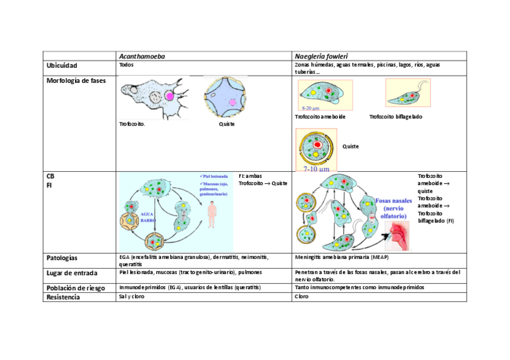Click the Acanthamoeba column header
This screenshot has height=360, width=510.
click(x=141, y=56)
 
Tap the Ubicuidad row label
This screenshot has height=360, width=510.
click(x=62, y=65)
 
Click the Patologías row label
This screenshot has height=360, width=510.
click(x=62, y=258)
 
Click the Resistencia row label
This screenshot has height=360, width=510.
click(x=63, y=297)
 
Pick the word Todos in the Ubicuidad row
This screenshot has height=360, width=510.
click(x=126, y=65)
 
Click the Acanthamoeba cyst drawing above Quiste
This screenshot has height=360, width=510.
click(x=226, y=98)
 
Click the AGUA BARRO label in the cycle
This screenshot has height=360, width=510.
click(x=149, y=216)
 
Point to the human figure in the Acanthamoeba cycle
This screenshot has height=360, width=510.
click(x=211, y=215)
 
